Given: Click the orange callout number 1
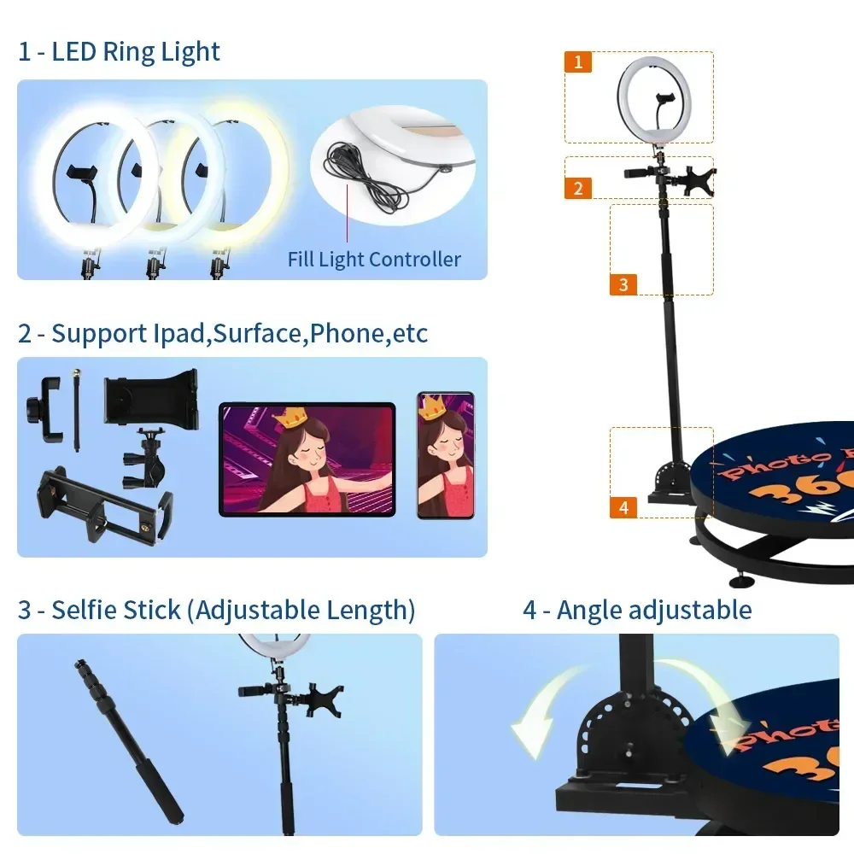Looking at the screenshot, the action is click(578, 61).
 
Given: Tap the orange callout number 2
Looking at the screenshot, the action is click(578, 188).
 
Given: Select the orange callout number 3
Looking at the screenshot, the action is click(623, 284).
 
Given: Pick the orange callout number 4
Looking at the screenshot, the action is click(623, 507).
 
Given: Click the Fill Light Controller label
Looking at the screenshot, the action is click(374, 259).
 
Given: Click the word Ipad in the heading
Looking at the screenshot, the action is click(178, 333).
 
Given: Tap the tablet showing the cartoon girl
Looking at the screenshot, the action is click(307, 459).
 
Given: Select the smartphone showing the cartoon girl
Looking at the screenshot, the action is click(445, 455).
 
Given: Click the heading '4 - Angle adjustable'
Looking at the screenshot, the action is click(637, 610).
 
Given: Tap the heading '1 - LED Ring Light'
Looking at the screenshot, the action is click(119, 51).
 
